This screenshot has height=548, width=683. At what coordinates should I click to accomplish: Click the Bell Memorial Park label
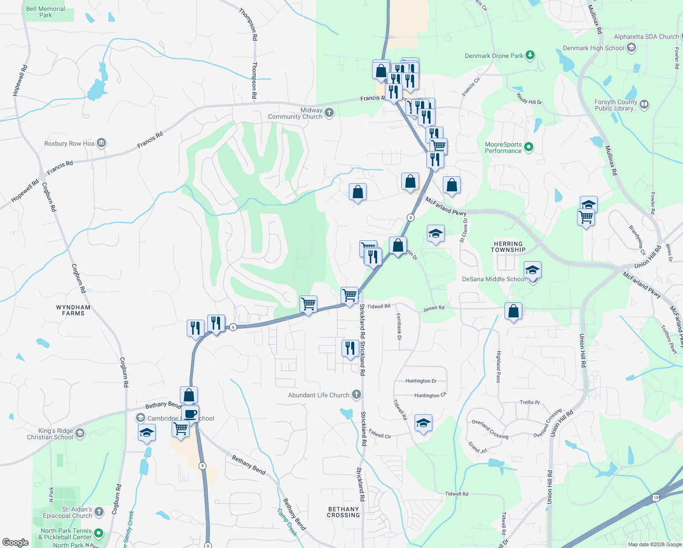[x=45, y=12]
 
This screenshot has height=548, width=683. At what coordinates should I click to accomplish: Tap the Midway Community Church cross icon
[x=329, y=112]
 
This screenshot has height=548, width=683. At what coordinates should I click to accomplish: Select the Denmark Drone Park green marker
[x=530, y=55]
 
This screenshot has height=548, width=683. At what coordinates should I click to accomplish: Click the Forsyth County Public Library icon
[x=644, y=105]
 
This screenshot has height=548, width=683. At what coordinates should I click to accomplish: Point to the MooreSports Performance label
[x=503, y=148]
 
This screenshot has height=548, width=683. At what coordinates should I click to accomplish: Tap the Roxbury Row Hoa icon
[x=101, y=143]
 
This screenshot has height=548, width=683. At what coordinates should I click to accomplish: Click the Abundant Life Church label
[x=318, y=395]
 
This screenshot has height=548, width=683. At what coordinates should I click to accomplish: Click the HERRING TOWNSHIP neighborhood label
[x=508, y=247]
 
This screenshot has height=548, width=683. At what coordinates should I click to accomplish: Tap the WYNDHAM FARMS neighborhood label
[x=73, y=310]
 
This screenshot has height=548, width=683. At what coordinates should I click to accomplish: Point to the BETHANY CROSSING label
[x=343, y=512]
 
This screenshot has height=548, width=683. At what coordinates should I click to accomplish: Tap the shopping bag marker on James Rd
[x=514, y=312]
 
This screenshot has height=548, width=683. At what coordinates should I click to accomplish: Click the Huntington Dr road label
[x=421, y=381]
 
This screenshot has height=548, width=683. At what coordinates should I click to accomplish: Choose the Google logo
[x=16, y=542]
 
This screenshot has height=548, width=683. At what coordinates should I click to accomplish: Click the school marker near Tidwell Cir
[x=423, y=424]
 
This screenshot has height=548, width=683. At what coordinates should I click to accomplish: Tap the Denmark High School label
[x=593, y=48]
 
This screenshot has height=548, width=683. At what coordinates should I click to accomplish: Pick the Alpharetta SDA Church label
[x=646, y=37]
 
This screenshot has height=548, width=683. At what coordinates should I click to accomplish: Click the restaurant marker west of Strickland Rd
[x=350, y=349]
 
